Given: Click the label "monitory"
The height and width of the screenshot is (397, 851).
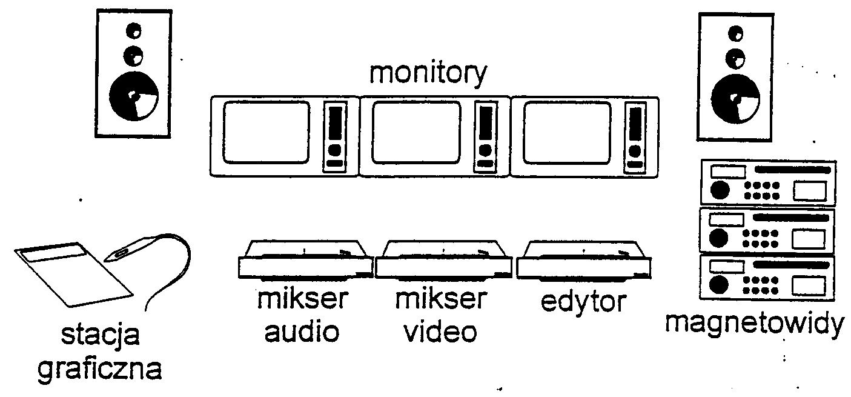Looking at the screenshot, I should click(x=428, y=74).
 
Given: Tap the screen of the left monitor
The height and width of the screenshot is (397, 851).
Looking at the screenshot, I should click(x=266, y=133).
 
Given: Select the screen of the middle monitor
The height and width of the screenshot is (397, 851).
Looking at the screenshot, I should click(x=416, y=133).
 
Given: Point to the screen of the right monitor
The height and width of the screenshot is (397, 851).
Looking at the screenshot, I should click(x=566, y=133).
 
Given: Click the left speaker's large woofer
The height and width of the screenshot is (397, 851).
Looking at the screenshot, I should click(x=134, y=96).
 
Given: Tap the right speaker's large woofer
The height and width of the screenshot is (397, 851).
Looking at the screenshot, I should click(x=735, y=98).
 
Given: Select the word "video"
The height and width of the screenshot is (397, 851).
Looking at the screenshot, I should click(x=440, y=332).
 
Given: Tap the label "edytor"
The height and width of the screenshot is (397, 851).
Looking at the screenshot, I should click(x=583, y=301).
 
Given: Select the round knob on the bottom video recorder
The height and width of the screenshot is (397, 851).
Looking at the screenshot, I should click(x=720, y=284).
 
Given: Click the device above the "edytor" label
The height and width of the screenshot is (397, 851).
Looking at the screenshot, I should click(x=584, y=261).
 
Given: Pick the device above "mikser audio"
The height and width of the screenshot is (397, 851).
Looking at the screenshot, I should click(x=305, y=261).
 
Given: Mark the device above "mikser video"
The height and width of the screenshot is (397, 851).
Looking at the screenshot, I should click(x=444, y=261).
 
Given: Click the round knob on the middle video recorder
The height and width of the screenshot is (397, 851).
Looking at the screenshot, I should click(x=720, y=237).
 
